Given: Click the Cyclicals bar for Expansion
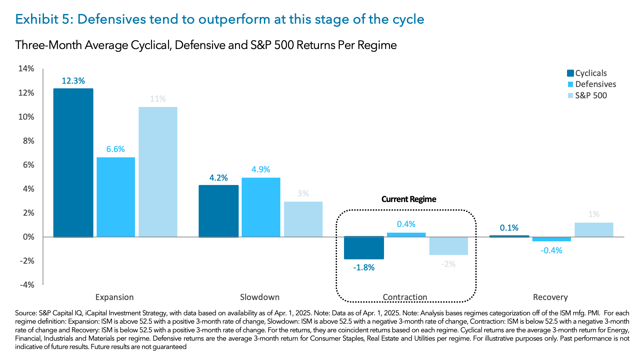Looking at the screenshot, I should [73, 163].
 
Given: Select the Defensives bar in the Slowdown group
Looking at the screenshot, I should [261, 207].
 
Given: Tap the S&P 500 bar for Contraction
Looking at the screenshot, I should [448, 246].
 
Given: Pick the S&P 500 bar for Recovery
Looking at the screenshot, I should [594, 230].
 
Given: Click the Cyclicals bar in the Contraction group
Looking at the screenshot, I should [364, 248].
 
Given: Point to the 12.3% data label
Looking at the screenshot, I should [73, 81].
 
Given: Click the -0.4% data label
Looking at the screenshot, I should [551, 251].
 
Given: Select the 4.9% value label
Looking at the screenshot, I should [261, 170].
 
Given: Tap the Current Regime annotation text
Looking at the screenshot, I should [409, 199].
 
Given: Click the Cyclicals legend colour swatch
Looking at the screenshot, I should [570, 73].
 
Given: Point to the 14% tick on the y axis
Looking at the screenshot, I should [26, 69].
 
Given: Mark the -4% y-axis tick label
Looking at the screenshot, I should [27, 285].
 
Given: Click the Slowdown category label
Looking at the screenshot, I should [260, 297].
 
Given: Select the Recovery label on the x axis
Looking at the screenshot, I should [550, 297].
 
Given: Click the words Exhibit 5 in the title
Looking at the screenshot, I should [43, 19].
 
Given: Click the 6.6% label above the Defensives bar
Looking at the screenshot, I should [115, 149].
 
